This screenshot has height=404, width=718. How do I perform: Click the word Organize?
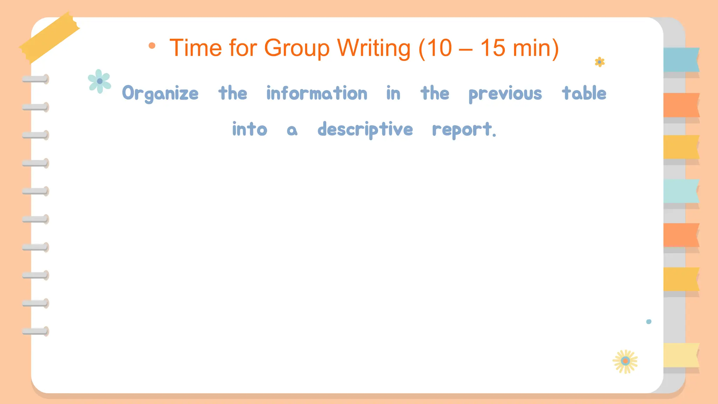pyautogui.click(x=160, y=94)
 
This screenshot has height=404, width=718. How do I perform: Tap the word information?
pyautogui.click(x=317, y=93)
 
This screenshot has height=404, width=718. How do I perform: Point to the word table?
pyautogui.click(x=584, y=93)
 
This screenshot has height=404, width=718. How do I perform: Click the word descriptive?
pyautogui.click(x=365, y=129)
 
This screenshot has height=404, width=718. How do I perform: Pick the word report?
pyautogui.click(x=463, y=129)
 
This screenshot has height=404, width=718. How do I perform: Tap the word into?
pyautogui.click(x=250, y=129)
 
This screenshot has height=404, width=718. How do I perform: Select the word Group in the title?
pyautogui.click(x=297, y=48)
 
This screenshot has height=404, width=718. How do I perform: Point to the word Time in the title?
pyautogui.click(x=196, y=48)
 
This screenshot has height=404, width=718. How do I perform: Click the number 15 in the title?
pyautogui.click(x=493, y=48)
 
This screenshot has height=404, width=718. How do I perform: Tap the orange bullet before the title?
pyautogui.click(x=152, y=46)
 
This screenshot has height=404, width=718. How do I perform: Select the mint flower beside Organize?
pyautogui.click(x=100, y=81)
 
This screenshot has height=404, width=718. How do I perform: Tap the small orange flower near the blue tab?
pyautogui.click(x=600, y=62)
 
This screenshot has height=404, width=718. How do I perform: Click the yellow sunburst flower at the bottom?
pyautogui.click(x=625, y=361)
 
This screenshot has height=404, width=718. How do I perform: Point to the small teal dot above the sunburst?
pyautogui.click(x=649, y=322)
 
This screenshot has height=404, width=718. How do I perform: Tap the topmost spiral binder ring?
pyautogui.click(x=35, y=79)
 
